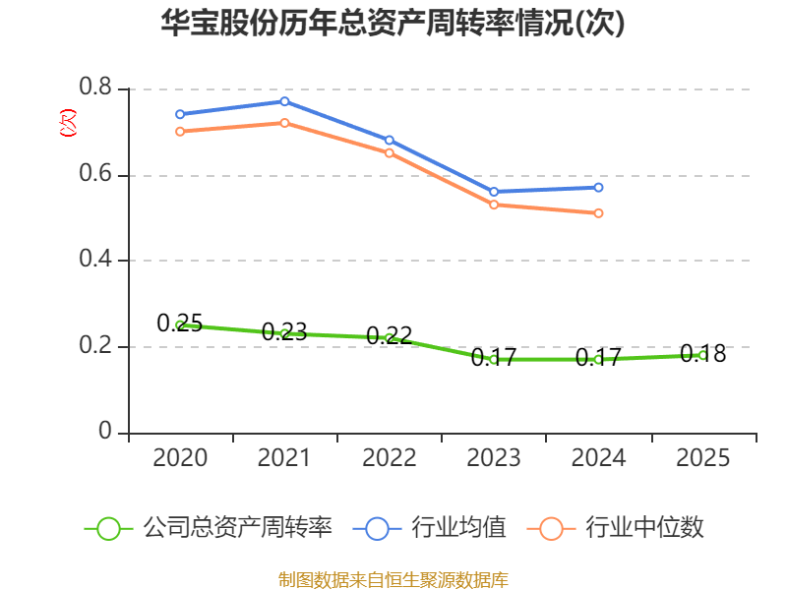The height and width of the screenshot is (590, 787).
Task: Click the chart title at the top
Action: (x=393, y=24)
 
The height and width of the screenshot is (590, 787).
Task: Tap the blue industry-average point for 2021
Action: (x=284, y=101)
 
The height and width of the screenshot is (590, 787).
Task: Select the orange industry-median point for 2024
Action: (x=598, y=212)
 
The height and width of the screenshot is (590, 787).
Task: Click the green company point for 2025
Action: (x=702, y=355)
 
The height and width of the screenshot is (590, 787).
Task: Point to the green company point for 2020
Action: (x=180, y=324)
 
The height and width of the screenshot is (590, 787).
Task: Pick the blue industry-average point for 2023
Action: (x=494, y=192)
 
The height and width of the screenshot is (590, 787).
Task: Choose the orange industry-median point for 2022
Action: (x=389, y=152)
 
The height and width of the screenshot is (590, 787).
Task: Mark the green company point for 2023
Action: (x=494, y=359)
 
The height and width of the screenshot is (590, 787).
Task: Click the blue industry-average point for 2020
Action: (x=180, y=114)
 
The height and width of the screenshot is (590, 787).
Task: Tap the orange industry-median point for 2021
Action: (x=284, y=123)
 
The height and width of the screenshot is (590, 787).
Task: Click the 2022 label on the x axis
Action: (x=389, y=458)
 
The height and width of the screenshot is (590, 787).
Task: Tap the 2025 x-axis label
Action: (x=702, y=458)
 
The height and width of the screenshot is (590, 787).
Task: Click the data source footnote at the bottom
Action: (x=393, y=579)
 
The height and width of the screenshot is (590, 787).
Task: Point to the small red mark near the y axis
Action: (x=68, y=123)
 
